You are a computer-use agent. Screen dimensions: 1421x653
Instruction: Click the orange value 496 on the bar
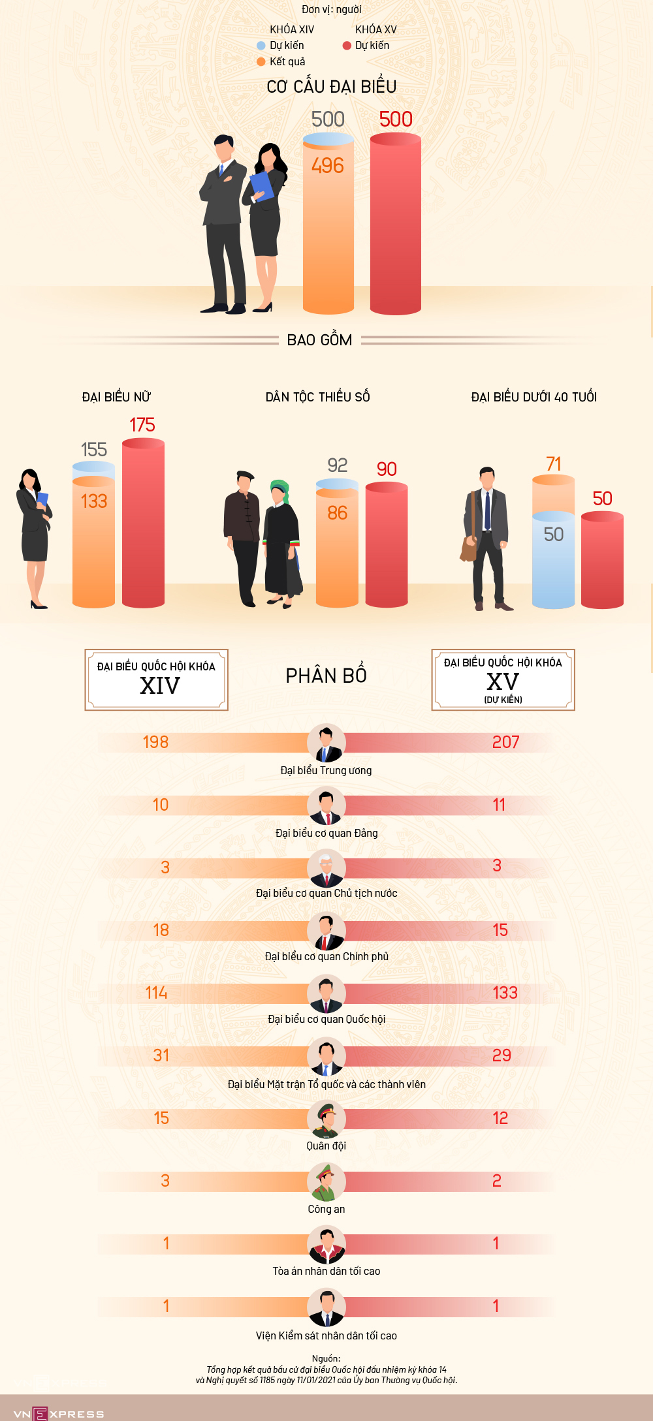[x=327, y=166]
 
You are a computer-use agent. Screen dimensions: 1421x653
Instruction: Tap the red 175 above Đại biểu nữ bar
[x=142, y=425]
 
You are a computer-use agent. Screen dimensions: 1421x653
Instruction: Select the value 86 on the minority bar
[x=337, y=513]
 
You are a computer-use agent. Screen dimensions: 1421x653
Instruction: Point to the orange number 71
[x=553, y=464]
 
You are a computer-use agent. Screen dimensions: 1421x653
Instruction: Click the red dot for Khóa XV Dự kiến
[x=347, y=46]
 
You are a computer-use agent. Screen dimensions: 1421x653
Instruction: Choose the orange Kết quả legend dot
[x=261, y=62]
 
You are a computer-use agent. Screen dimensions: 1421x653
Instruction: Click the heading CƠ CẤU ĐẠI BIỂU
[x=331, y=87]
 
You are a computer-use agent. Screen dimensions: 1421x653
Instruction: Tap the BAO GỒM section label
[x=319, y=340]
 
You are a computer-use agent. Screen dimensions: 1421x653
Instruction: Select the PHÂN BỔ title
[x=326, y=676]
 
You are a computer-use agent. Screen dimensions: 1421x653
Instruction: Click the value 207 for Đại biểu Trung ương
[x=505, y=742]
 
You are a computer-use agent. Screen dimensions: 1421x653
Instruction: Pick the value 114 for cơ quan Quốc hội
[x=156, y=993]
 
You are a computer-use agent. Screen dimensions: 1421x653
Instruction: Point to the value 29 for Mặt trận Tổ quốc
[x=502, y=1055]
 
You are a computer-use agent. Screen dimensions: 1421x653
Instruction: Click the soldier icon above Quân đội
[x=326, y=1120]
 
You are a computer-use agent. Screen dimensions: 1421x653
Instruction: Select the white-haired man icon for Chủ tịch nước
[x=326, y=869]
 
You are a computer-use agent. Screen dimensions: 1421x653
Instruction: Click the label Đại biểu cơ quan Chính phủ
[x=326, y=956]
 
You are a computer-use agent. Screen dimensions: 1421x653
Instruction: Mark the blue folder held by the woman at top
[x=261, y=185]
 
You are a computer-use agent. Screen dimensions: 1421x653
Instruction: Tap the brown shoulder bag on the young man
[x=468, y=548]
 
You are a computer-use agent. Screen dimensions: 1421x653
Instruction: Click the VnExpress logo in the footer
[x=58, y=1414]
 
